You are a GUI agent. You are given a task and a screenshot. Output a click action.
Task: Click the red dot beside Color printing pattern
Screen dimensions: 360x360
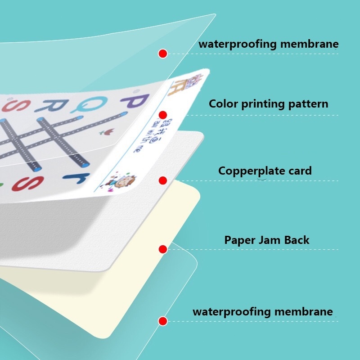pos(163,115)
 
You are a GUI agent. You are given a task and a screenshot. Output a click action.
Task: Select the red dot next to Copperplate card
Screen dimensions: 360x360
pos(163,180)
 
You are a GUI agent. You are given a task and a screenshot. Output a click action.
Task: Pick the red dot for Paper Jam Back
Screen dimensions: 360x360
pos(163,249)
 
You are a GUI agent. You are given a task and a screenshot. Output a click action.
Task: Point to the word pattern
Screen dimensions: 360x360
pos(309,104)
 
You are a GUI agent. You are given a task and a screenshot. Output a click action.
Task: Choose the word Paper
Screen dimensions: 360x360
pos(240,240)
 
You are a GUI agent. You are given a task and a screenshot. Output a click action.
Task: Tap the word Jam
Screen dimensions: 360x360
pos(270,240)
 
